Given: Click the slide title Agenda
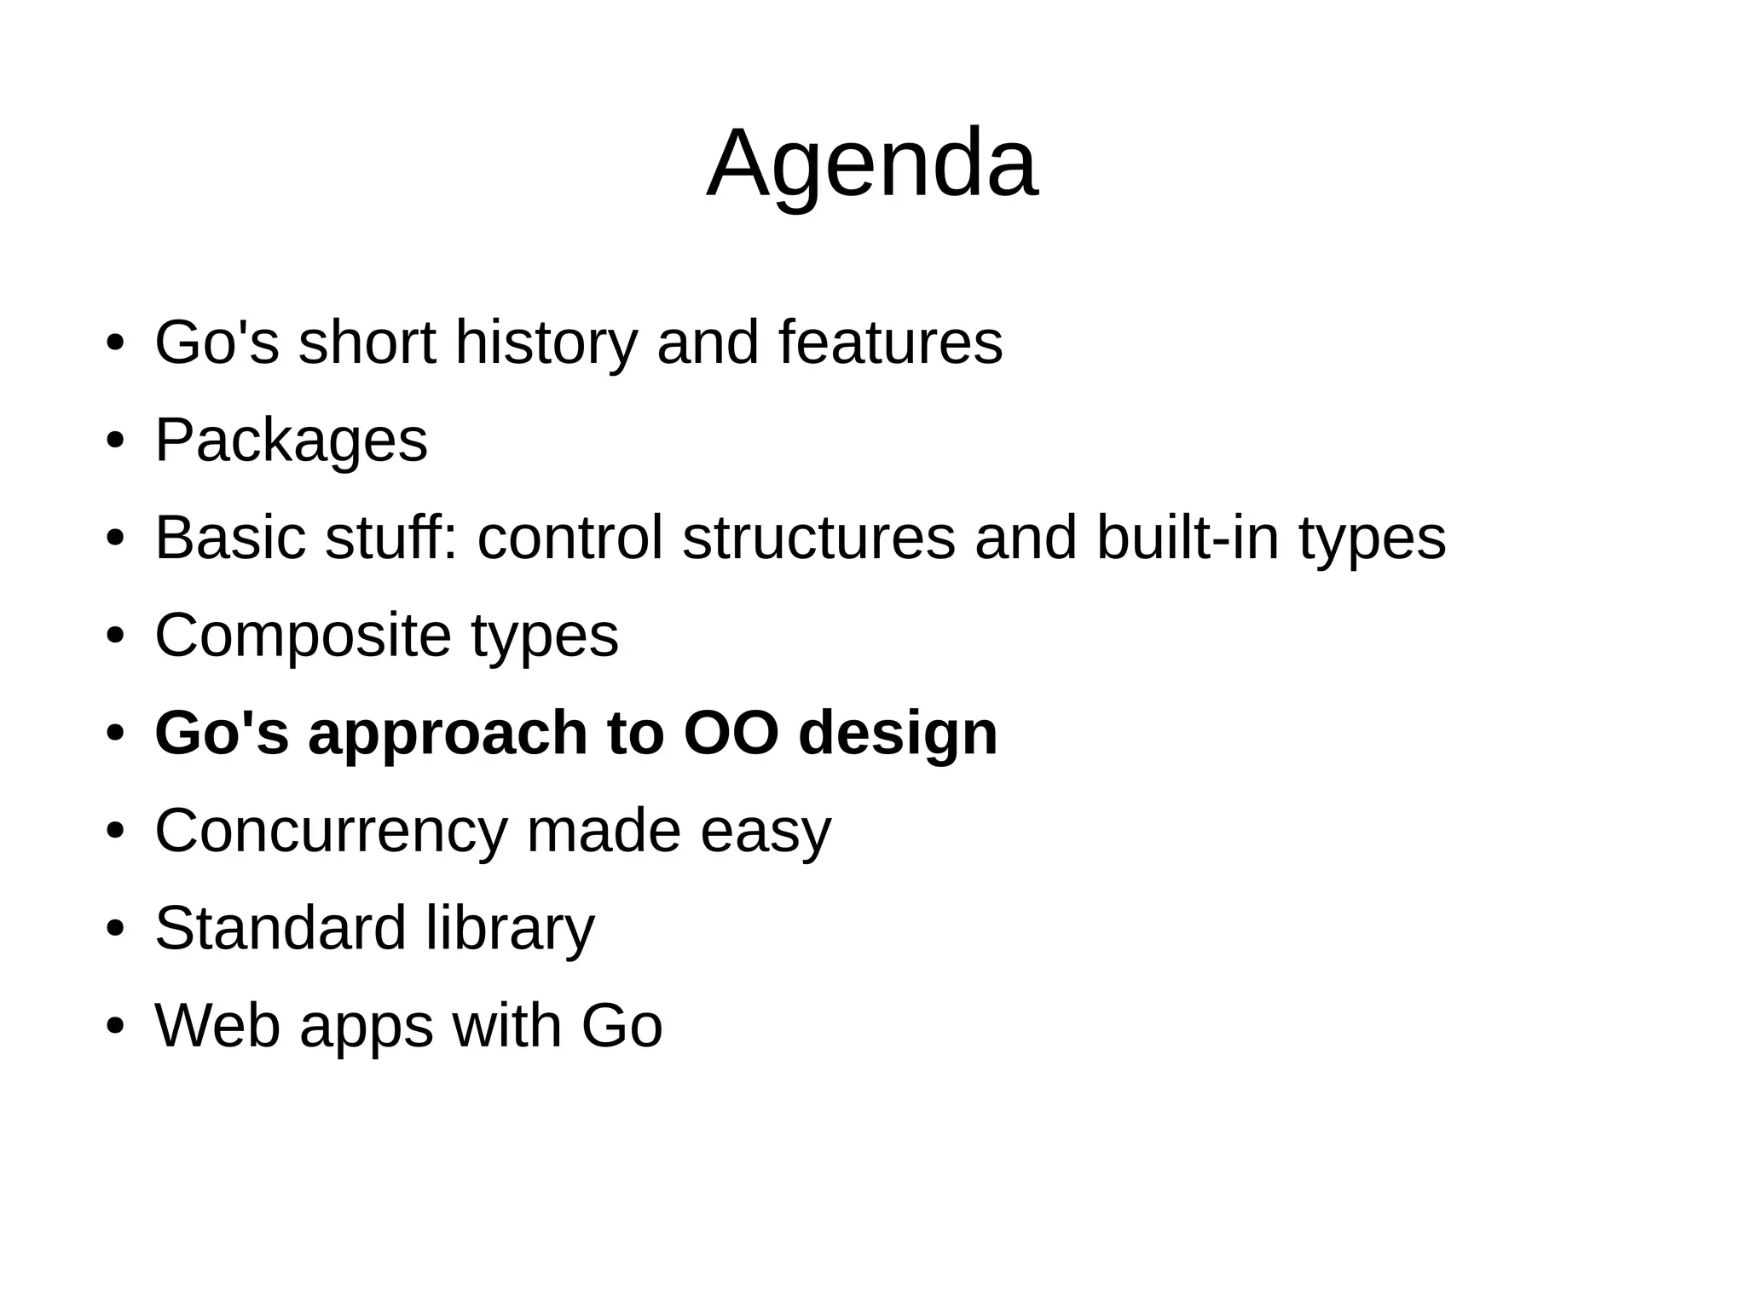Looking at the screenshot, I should (x=872, y=164).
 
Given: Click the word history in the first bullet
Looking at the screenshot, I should (x=546, y=343).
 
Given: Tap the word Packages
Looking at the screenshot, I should (x=291, y=441).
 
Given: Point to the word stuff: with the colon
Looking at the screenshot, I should (x=391, y=538).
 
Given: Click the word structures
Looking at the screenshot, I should (x=818, y=538).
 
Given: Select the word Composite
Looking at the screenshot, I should (x=303, y=637).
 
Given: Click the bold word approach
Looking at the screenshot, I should (x=448, y=734).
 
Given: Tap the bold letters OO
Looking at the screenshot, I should (x=731, y=733).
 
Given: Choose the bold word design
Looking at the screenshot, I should (x=898, y=734).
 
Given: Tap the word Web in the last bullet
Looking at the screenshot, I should (x=217, y=1025).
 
